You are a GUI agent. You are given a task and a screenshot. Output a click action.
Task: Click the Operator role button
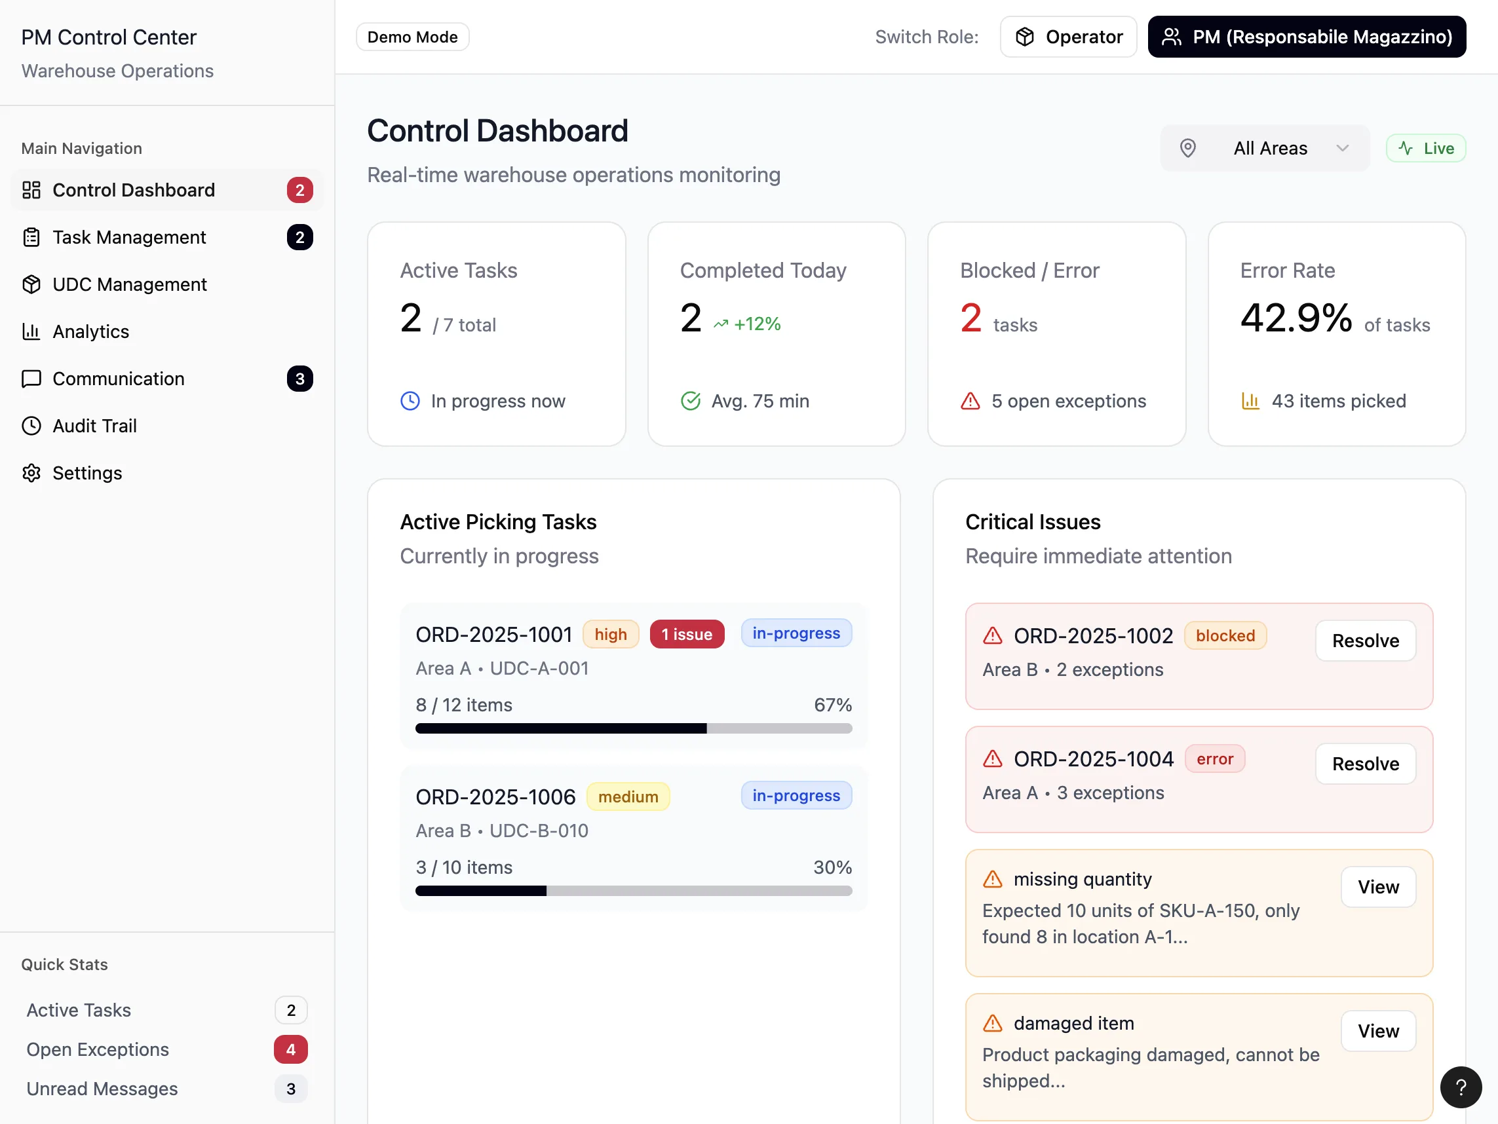click(x=1068, y=37)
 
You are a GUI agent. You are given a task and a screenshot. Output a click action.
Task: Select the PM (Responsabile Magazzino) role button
click(x=1307, y=37)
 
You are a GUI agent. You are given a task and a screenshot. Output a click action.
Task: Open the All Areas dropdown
click(x=1264, y=148)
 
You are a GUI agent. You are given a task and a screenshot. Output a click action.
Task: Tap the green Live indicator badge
click(x=1425, y=148)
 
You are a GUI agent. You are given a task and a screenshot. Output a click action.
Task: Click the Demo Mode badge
click(x=412, y=37)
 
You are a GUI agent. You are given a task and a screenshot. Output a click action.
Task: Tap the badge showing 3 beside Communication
click(x=300, y=379)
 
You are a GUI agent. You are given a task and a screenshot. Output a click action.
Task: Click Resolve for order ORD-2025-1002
click(x=1365, y=641)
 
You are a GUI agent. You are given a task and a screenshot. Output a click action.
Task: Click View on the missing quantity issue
click(x=1378, y=887)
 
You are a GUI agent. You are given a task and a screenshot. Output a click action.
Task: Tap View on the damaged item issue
click(x=1378, y=1031)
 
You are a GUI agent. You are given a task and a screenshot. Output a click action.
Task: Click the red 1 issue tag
click(x=687, y=635)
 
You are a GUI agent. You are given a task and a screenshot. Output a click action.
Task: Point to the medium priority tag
click(x=628, y=796)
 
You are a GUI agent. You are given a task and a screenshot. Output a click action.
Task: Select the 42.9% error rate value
click(x=1296, y=318)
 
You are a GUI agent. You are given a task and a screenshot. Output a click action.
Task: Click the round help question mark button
click(x=1461, y=1087)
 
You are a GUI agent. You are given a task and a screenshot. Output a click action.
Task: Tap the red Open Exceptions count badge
click(x=290, y=1049)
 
